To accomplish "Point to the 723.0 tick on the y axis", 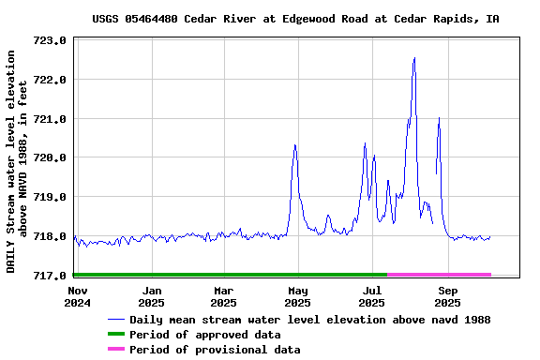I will [x=49, y=41].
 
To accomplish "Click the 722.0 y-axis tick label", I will [x=49, y=80].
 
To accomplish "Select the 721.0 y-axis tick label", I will [x=49, y=119].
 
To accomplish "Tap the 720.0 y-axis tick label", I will [x=49, y=157].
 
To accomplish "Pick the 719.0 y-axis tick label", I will [x=49, y=197].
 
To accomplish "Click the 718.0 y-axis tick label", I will [x=49, y=236].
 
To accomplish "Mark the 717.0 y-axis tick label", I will [x=49, y=276].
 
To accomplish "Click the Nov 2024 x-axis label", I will [x=78, y=296].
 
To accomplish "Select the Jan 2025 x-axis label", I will [x=151, y=296].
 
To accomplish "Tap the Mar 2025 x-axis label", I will [x=223, y=296].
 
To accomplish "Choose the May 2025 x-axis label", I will [x=297, y=296].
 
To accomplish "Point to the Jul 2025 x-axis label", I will [x=372, y=296].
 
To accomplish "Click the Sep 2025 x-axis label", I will [x=448, y=296].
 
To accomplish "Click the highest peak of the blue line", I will [x=414, y=59].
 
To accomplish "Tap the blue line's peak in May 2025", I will [x=295, y=145].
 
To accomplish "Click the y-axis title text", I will [x=18, y=161].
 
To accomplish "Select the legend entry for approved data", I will [x=204, y=335].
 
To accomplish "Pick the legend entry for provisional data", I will [x=215, y=350].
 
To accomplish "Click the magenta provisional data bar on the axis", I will [x=439, y=275].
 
